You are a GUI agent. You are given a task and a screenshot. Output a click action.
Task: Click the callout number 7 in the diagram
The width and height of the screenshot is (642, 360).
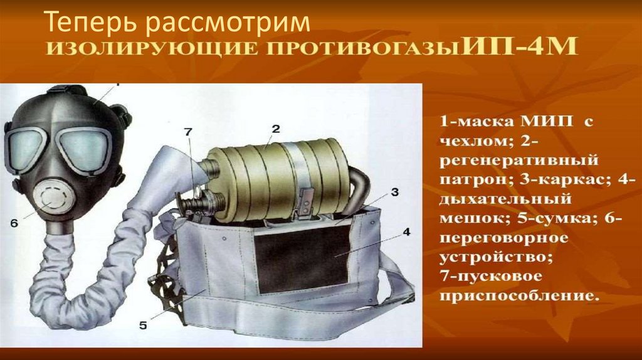188,132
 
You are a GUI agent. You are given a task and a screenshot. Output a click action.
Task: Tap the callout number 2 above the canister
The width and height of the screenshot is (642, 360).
276,129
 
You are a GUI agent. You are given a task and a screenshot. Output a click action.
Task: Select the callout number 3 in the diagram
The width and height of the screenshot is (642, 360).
395,192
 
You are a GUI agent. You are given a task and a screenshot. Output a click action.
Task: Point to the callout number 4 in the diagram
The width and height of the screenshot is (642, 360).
406,232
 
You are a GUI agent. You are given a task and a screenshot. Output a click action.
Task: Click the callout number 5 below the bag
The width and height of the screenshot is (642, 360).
143,326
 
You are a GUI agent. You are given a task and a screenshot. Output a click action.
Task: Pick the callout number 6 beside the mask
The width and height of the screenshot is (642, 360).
14,223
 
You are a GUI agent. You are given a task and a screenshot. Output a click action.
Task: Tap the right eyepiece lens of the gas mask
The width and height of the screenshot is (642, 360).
85,148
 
